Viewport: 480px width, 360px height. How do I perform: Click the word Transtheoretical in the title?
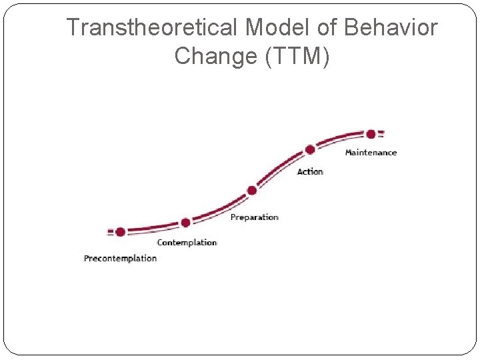(153, 28)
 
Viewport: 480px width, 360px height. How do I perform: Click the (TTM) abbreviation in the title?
(297, 57)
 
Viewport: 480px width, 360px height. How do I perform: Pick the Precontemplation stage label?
(120, 258)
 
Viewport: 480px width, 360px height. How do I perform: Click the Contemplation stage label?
(187, 243)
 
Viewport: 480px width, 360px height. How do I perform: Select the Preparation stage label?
(254, 217)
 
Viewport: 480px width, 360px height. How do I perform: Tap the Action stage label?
(310, 172)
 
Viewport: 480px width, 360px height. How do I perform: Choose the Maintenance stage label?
(371, 153)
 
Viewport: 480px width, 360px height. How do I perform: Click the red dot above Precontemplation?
(120, 232)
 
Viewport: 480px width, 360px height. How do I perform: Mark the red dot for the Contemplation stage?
(185, 222)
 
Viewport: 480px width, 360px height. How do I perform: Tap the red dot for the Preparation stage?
(252, 190)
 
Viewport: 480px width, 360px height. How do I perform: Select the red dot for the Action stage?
(310, 150)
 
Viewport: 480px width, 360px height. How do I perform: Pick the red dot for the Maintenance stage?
(371, 134)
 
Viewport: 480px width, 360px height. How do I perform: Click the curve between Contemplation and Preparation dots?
(220, 210)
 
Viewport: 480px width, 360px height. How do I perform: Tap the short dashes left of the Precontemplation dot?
(110, 232)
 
